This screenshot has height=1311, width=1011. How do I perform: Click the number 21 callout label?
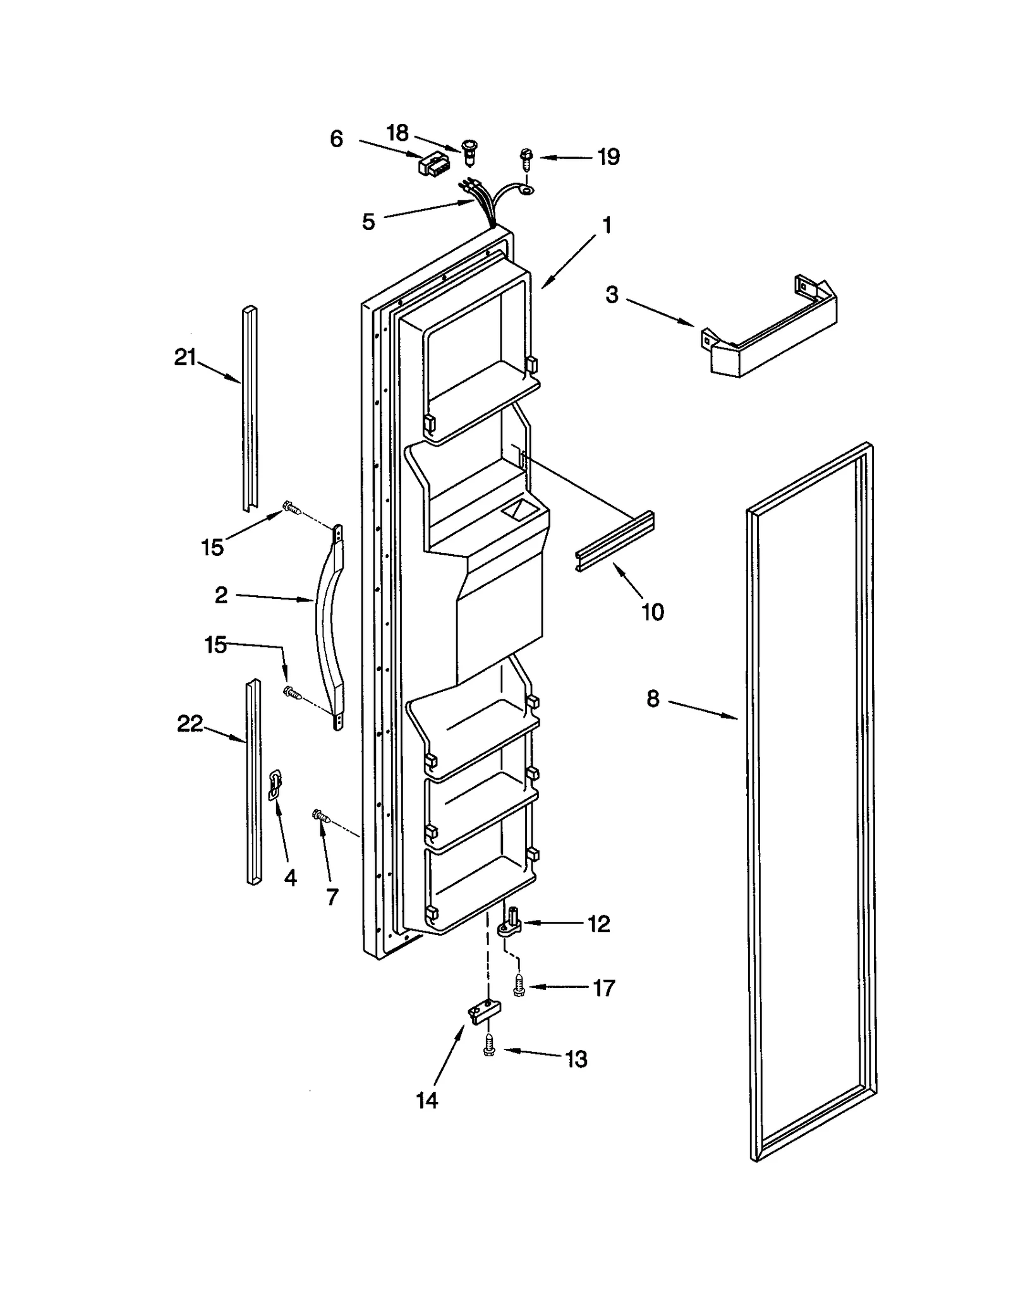(x=185, y=358)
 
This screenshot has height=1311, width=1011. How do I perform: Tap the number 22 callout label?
(x=190, y=723)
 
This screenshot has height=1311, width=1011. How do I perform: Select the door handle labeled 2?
(x=329, y=625)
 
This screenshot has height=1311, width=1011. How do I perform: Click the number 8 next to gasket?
(x=653, y=698)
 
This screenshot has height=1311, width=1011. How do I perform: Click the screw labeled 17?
(x=518, y=986)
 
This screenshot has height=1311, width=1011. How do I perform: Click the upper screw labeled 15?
(x=291, y=507)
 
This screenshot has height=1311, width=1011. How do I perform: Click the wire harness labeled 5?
(x=481, y=202)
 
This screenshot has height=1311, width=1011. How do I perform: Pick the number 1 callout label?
(x=607, y=225)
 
